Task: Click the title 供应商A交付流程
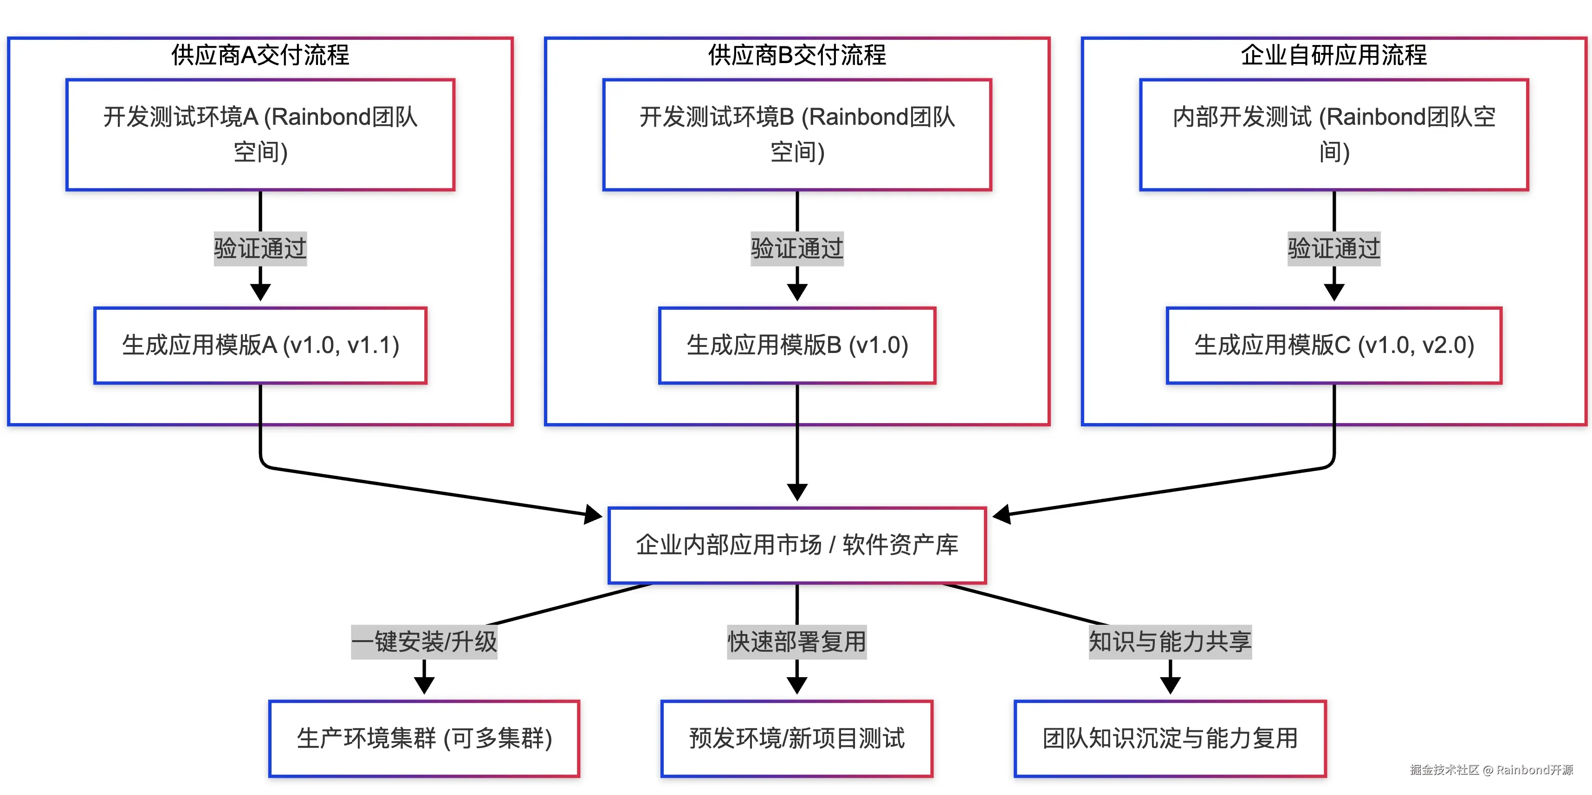click(260, 55)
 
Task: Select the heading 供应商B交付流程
click(797, 55)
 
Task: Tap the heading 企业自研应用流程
click(1334, 55)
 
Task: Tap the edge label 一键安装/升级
click(424, 642)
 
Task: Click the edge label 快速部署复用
click(797, 642)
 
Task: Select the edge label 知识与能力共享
click(1171, 642)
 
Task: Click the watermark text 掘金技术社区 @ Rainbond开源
click(1491, 769)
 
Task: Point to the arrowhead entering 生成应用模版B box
click(797, 293)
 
